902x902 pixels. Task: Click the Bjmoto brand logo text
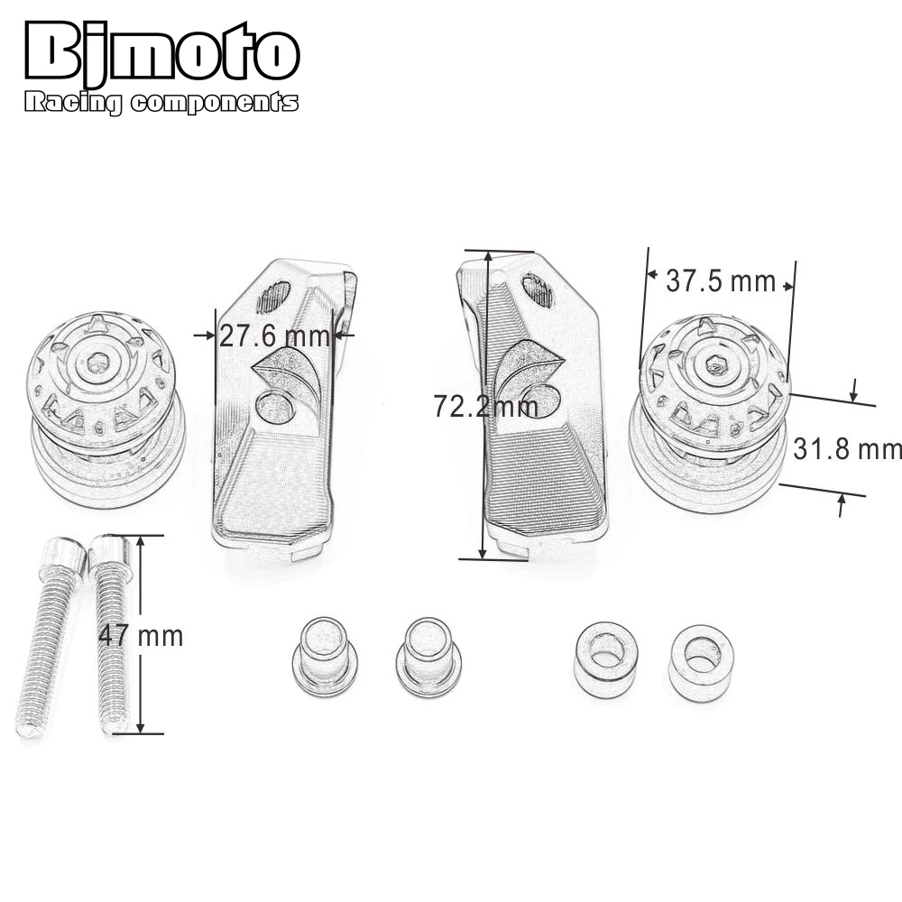tap(162, 52)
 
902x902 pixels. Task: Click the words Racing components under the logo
tap(161, 103)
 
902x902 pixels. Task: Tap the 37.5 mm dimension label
tap(721, 281)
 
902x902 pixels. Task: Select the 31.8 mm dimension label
tap(847, 448)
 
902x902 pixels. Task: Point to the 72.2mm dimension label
tap(486, 406)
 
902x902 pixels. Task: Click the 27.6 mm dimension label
tap(274, 336)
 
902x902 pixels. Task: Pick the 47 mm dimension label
tap(141, 636)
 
